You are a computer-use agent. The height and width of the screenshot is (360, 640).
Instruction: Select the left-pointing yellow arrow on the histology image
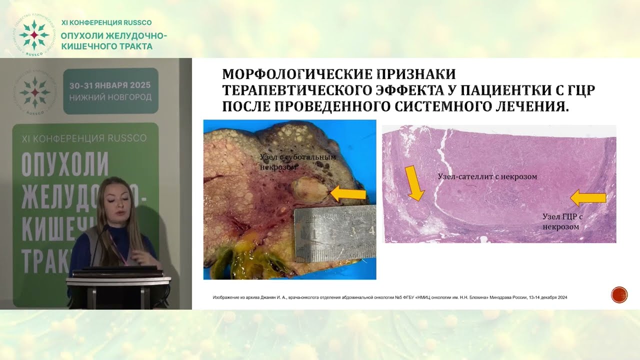pos(588,198)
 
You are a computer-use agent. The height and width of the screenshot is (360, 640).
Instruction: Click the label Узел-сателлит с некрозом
pos(487,177)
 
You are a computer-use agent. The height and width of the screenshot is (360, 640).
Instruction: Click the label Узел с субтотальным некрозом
pos(297,162)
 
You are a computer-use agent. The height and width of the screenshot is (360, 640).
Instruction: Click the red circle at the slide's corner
pos(619,295)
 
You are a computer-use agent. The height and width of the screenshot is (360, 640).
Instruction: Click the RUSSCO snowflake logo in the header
pos(33,35)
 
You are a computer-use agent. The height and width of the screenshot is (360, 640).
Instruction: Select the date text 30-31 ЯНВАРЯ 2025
pos(110,85)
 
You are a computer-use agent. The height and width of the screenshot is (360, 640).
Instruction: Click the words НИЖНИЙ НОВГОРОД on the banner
pos(110,97)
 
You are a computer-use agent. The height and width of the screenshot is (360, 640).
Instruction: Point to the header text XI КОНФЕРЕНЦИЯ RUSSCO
pos(106,22)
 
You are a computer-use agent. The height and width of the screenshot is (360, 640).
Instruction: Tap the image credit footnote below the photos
pos(389,297)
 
